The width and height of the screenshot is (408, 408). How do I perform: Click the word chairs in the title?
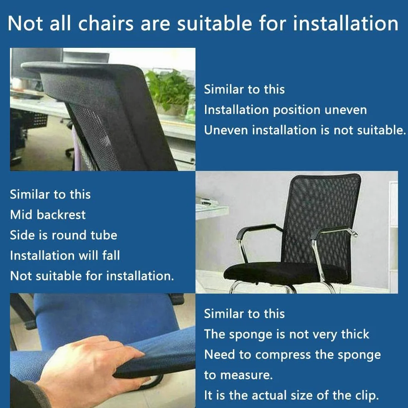click(x=106, y=23)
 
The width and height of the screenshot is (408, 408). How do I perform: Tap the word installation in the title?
click(x=346, y=23)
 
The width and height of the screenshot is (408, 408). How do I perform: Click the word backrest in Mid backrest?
click(x=61, y=215)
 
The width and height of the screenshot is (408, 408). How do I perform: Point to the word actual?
click(x=269, y=395)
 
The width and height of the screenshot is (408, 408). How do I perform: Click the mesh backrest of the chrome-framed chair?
click(x=321, y=219)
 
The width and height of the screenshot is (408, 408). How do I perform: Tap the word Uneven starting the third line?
click(x=226, y=130)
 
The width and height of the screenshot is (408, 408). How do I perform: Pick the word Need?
click(x=220, y=354)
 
